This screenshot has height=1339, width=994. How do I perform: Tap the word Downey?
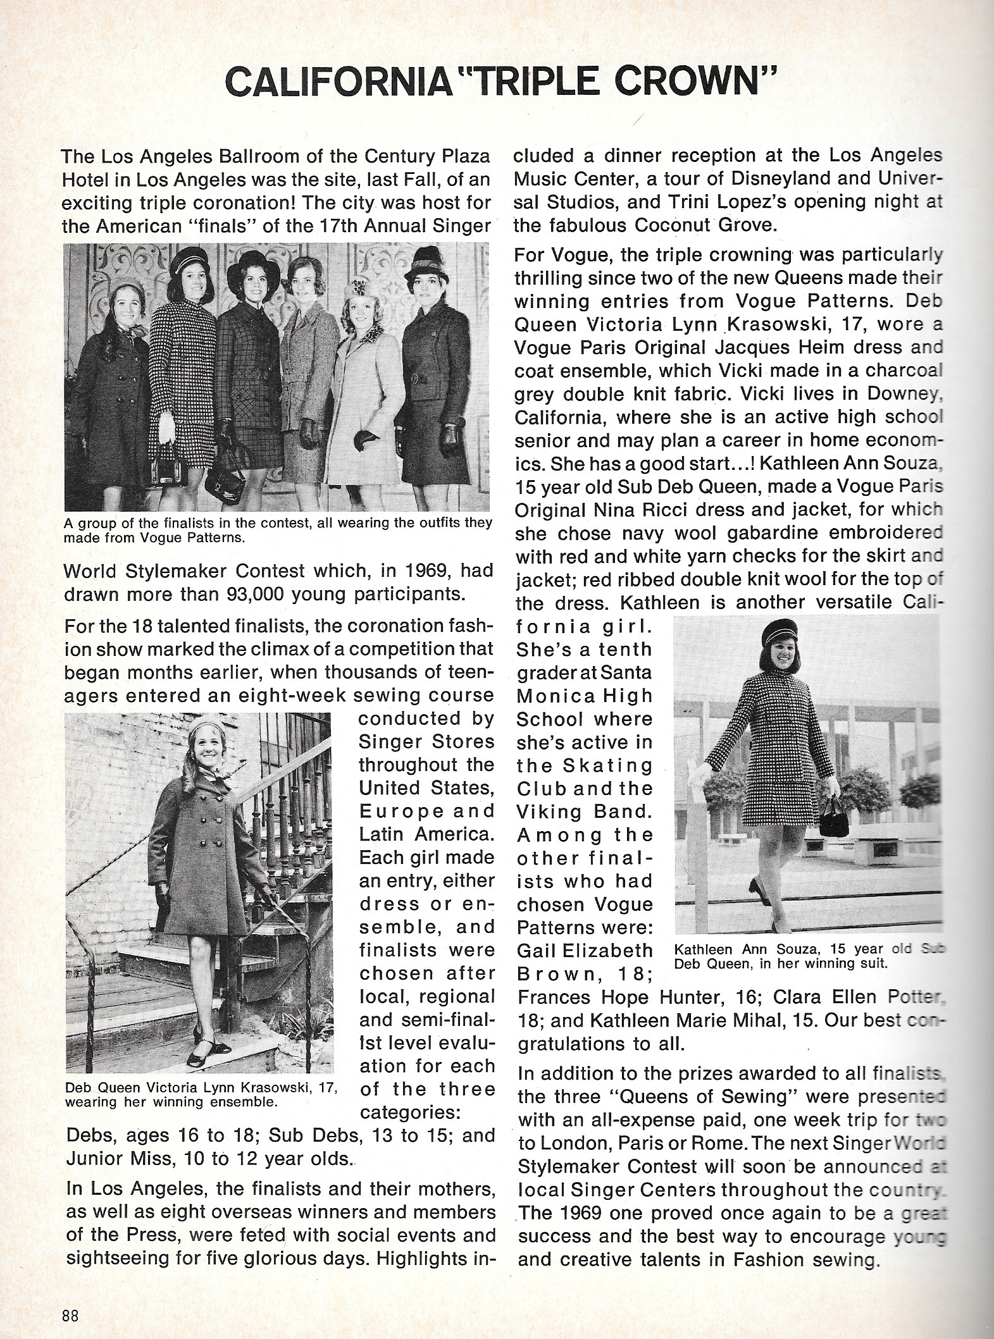(906, 393)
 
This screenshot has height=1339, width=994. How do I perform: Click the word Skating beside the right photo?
(602, 766)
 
